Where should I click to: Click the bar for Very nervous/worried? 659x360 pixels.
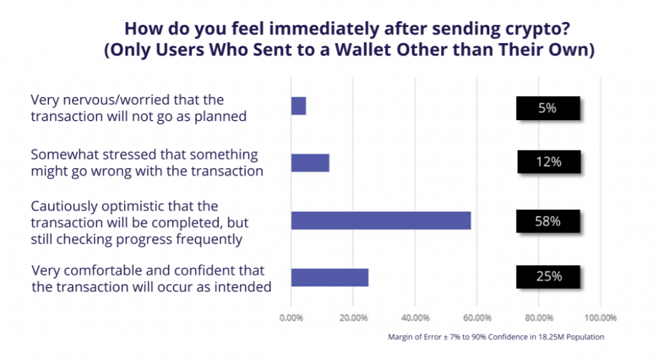[x=298, y=106]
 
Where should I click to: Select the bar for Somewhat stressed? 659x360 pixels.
[x=310, y=163]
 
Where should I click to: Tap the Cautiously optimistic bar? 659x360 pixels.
[x=381, y=221]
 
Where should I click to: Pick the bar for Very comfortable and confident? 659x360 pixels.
[x=330, y=278]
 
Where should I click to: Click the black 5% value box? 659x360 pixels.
[x=548, y=109]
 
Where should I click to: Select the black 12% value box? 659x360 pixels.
[x=549, y=162]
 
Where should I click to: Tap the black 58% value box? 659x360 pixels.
[x=548, y=222]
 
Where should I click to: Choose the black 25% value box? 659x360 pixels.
[x=548, y=277]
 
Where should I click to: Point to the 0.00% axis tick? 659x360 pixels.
[x=292, y=318]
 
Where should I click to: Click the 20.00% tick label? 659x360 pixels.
[x=354, y=318]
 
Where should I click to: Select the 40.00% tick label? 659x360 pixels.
[x=416, y=318]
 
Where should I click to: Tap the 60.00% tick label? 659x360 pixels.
[x=477, y=318]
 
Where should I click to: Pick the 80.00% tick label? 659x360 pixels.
[x=539, y=318]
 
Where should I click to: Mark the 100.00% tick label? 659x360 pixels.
[x=601, y=318]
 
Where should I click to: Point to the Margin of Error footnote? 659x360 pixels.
[x=496, y=337]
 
